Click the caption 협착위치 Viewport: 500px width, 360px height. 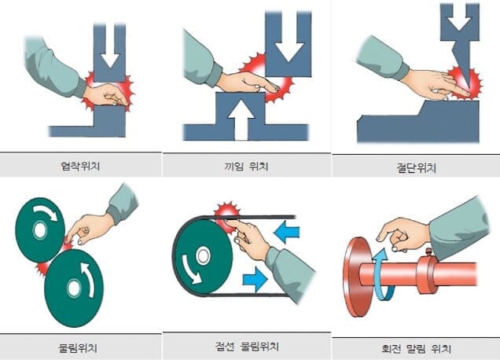coord(80,166)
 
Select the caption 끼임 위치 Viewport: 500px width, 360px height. coord(247,166)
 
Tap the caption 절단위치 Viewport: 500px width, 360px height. coord(416,167)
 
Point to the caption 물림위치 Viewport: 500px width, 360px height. coord(78,347)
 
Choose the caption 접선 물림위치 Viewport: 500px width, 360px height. coord(247,347)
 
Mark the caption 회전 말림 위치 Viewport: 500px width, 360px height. coord(416,348)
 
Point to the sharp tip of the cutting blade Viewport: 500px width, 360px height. coord(469,89)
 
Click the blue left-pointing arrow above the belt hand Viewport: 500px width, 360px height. coord(286,233)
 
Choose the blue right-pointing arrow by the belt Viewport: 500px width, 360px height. coord(255,280)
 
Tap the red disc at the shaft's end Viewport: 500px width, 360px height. coord(356,277)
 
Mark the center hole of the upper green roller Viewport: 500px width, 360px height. coord(40,230)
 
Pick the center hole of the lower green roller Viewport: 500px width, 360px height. coord(74,288)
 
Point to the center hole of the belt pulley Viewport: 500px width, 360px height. coord(203,255)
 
